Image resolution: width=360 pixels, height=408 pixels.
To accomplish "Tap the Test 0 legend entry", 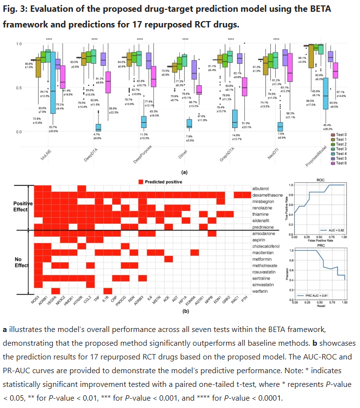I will pyautogui.click(x=341, y=134).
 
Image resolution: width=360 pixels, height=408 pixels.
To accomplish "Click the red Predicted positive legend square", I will pyautogui.click(x=141, y=181).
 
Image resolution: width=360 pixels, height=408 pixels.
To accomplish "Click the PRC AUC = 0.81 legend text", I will pyautogui.click(x=318, y=295).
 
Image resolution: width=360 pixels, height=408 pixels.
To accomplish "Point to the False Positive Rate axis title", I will pyautogui.click(x=319, y=241).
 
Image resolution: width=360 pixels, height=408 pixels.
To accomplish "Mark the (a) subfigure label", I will pyautogui.click(x=184, y=172).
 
